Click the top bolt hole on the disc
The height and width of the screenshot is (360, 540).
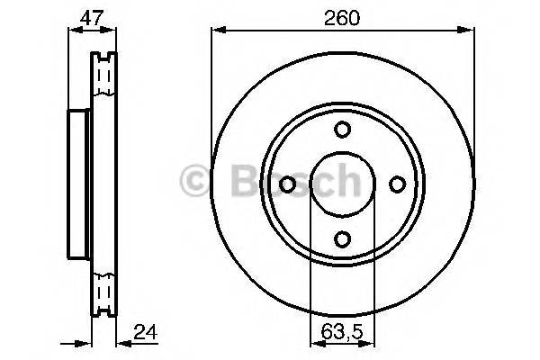342,130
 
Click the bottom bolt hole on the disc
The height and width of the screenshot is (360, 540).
342,238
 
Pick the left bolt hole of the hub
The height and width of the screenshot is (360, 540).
288,184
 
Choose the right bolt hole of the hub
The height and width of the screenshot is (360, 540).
396,184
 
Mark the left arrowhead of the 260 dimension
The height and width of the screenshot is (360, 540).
216,31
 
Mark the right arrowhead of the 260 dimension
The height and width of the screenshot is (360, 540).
470,31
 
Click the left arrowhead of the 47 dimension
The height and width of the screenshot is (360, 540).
72,31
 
